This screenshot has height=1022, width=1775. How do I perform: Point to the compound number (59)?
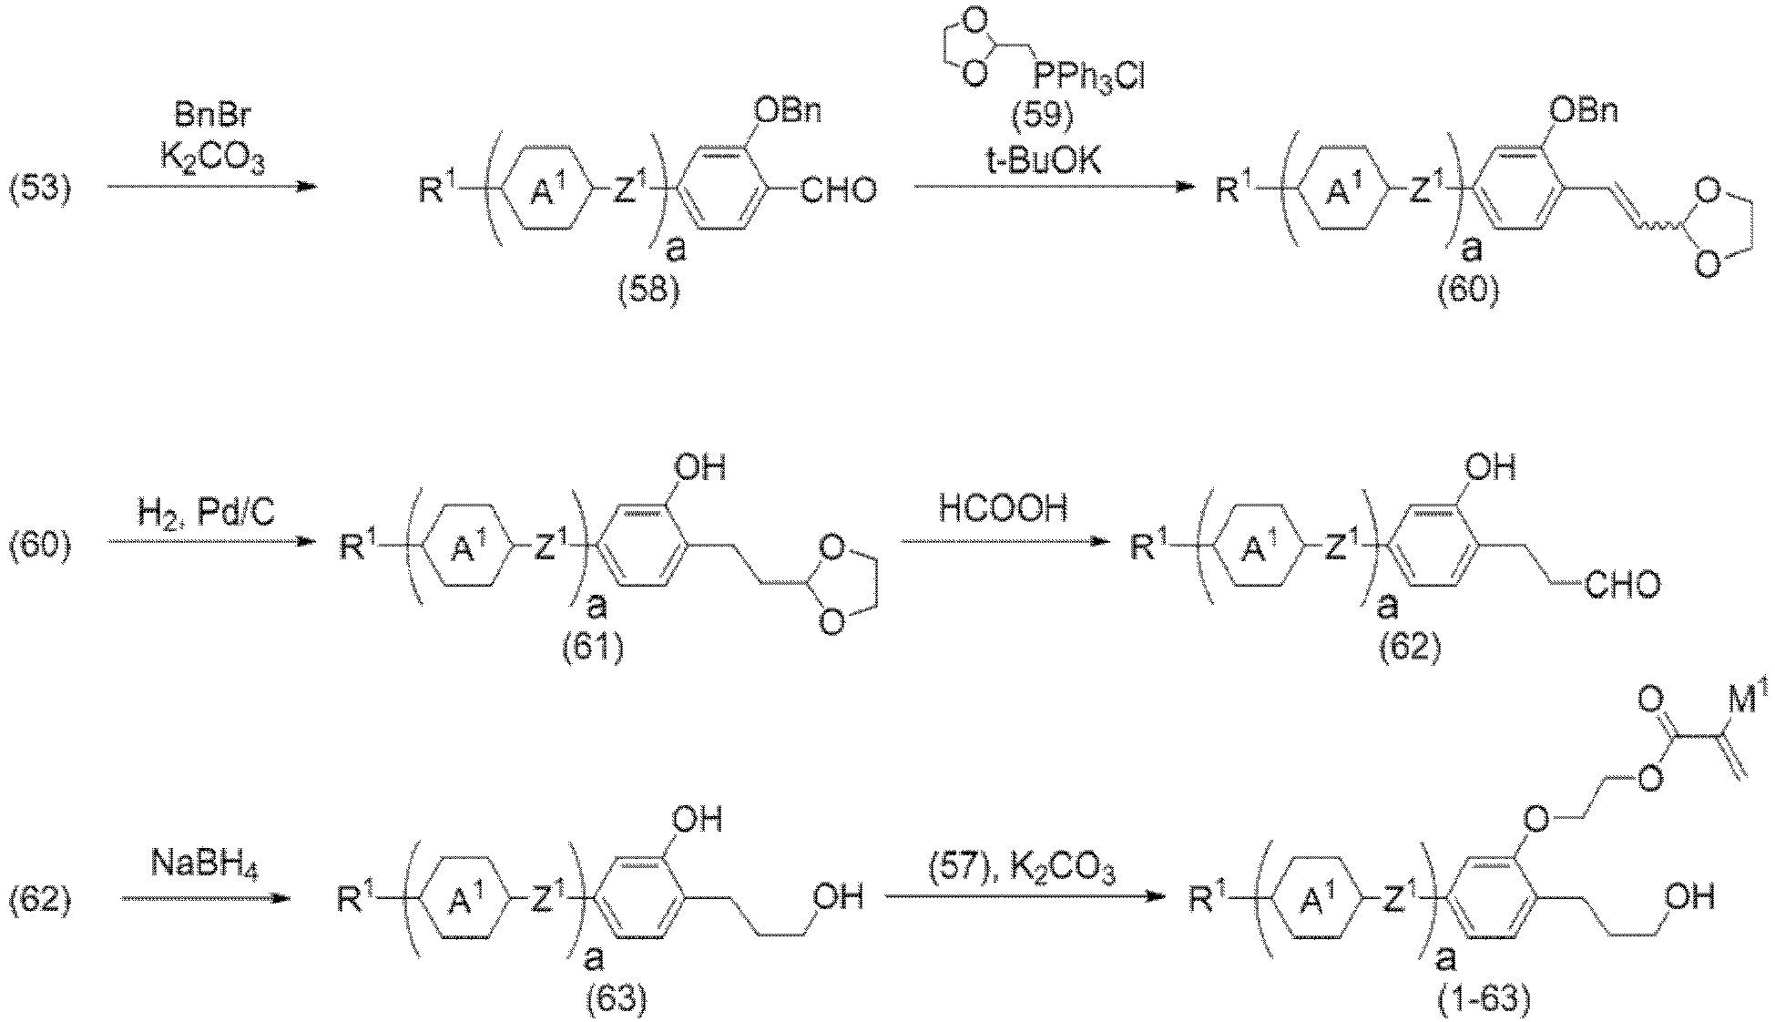click(1043, 118)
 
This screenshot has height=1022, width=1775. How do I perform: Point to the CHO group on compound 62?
click(1621, 585)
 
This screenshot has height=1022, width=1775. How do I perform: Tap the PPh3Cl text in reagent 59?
click(1088, 77)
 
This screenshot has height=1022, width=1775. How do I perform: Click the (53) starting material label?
click(42, 190)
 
